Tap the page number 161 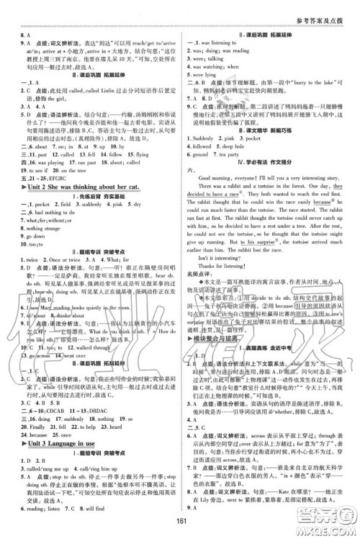pyautogui.click(x=181, y=523)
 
